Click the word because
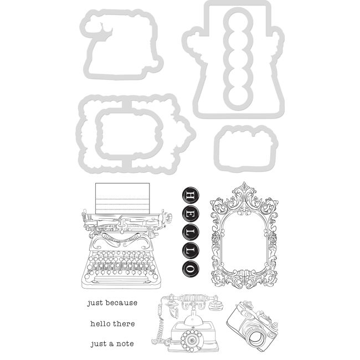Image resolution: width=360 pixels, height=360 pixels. pyautogui.click(x=122, y=303)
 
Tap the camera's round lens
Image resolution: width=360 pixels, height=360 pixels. pyautogui.click(x=256, y=336)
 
